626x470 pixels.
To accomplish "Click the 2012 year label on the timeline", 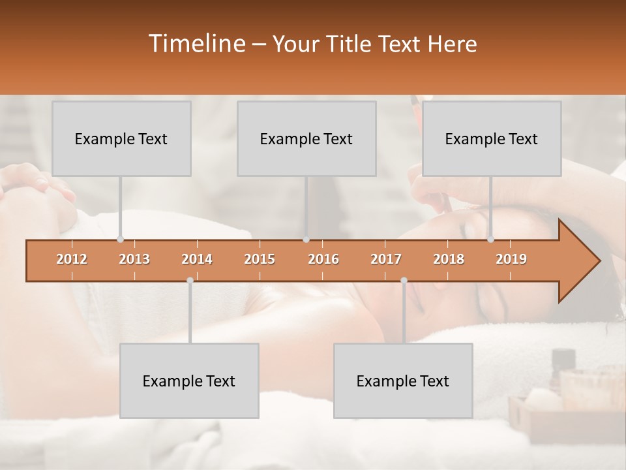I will click(x=72, y=259).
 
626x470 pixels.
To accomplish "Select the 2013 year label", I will click(x=134, y=259).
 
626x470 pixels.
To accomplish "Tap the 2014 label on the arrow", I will click(x=197, y=259).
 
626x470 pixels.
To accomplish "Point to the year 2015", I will click(x=260, y=259).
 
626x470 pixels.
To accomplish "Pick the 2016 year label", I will click(x=323, y=259).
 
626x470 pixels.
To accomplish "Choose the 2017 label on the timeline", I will click(x=386, y=259).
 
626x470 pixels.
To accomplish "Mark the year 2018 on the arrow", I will click(x=449, y=259).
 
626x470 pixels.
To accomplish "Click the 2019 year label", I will click(x=511, y=259).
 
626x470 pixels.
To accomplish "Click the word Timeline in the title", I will click(x=196, y=44).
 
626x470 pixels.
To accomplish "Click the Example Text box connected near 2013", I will click(x=121, y=138).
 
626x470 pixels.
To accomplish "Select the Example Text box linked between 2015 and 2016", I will click(x=306, y=138).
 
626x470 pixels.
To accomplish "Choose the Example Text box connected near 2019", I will click(x=492, y=138).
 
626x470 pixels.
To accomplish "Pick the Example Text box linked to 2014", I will click(x=189, y=381).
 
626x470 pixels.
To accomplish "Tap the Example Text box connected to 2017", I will click(x=403, y=381).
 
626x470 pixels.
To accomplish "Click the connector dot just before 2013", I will click(x=120, y=240).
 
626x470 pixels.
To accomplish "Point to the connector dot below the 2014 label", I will click(x=190, y=281).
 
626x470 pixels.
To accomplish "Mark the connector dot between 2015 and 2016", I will click(x=306, y=240).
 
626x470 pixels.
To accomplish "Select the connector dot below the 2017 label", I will click(x=404, y=281).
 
